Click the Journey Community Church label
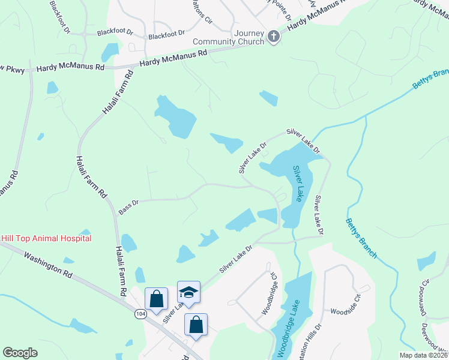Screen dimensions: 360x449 pos(228,37)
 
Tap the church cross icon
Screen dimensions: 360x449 pos(273,37)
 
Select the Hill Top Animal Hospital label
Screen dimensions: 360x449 pos(46,238)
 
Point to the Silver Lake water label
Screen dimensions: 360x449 pos(298,184)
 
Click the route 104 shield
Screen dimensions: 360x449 pos(140,314)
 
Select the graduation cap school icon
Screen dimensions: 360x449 pos(188,292)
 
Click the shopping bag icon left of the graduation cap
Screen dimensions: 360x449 pos(156,298)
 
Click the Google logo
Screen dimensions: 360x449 pos(20,353)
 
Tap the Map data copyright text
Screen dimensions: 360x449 pos(423,355)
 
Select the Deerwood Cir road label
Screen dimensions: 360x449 pos(425,298)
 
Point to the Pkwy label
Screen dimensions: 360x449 pos(13,69)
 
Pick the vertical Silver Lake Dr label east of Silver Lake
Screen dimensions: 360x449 pos(319,215)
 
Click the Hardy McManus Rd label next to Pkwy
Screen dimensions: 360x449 pos(71,68)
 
